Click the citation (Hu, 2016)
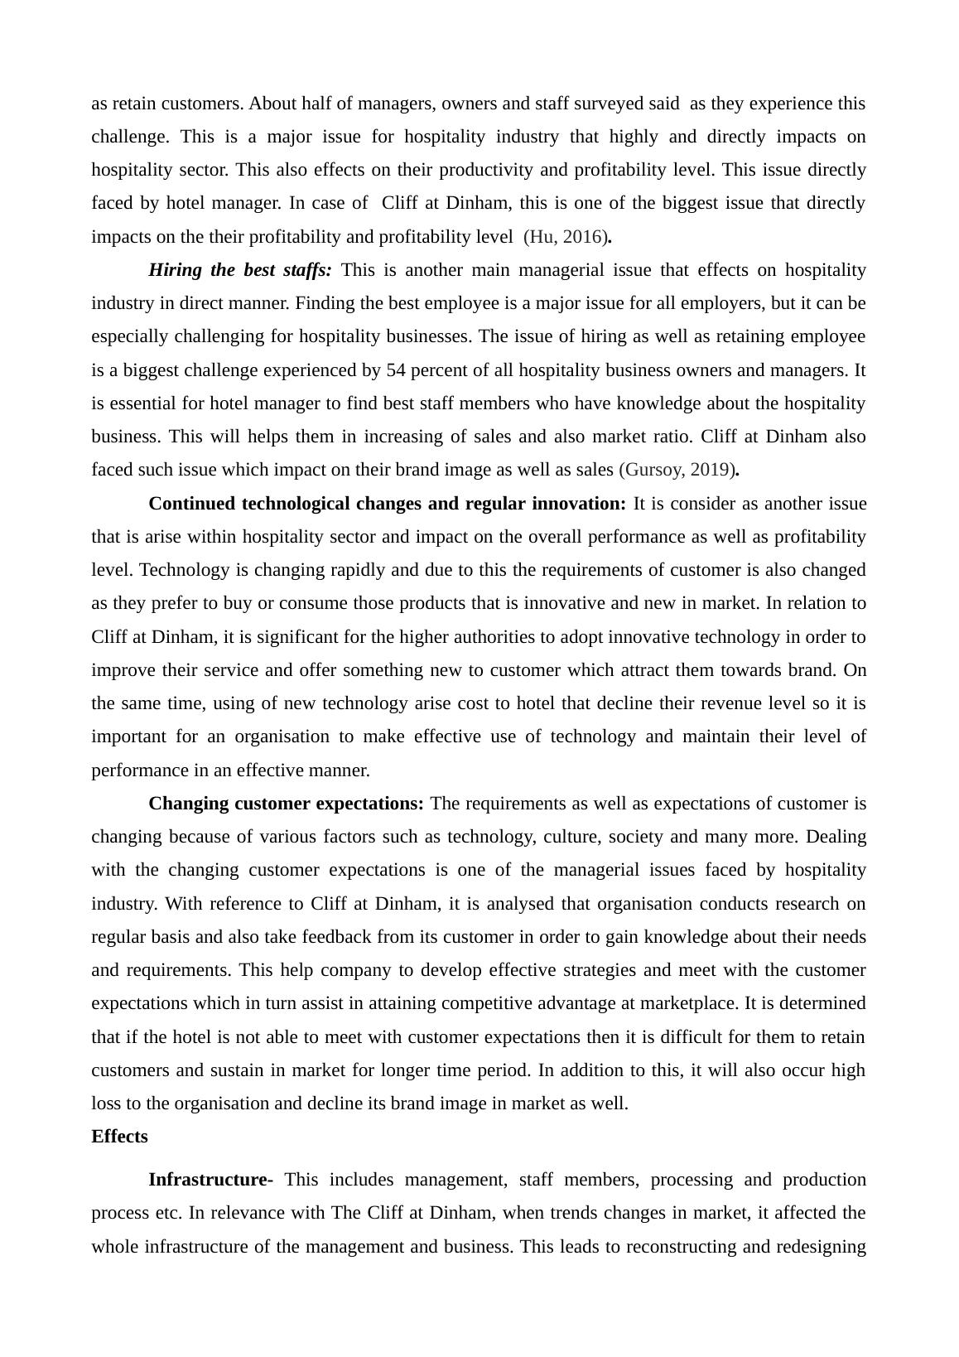click(566, 237)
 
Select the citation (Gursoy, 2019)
click(677, 470)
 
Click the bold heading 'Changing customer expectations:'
click(286, 804)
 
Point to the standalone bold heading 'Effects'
click(119, 1137)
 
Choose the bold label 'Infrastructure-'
click(210, 1180)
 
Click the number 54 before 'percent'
click(396, 370)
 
